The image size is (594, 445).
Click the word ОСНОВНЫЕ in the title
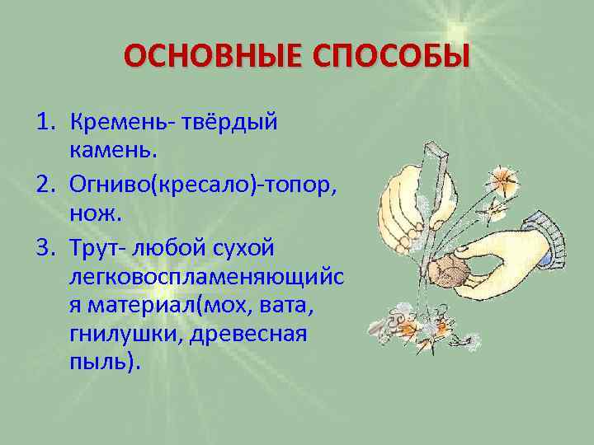coord(201,59)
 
